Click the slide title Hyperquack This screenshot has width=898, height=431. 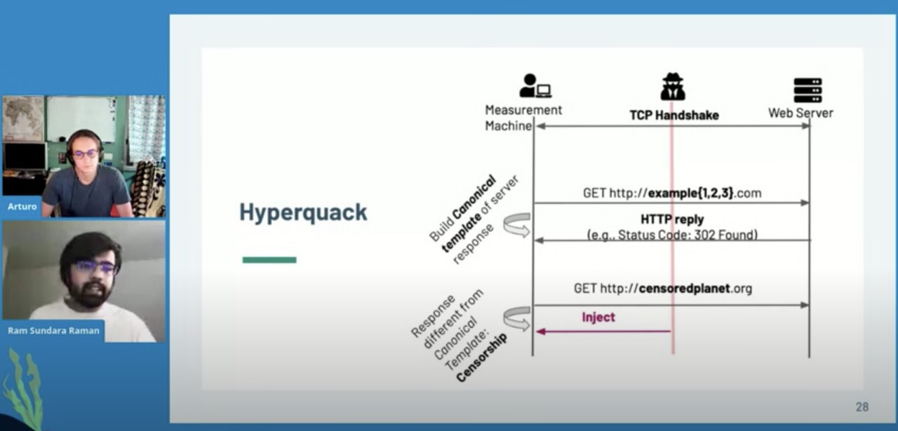[x=303, y=212]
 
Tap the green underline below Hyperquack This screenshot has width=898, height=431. [x=269, y=260]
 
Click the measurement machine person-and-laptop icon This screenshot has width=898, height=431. [x=535, y=86]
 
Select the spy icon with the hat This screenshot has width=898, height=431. [x=673, y=86]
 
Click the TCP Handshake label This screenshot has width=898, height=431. [x=673, y=116]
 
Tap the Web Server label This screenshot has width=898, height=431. [x=800, y=113]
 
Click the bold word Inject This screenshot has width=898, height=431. [x=598, y=317]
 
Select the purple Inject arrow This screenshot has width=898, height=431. [x=603, y=331]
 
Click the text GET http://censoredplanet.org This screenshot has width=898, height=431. [x=662, y=288]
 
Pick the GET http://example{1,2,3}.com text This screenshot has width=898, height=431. [x=671, y=193]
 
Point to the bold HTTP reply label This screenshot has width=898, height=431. [x=672, y=219]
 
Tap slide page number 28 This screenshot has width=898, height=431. [x=862, y=406]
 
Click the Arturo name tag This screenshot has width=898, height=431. [x=22, y=207]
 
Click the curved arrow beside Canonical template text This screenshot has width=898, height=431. [x=516, y=225]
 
